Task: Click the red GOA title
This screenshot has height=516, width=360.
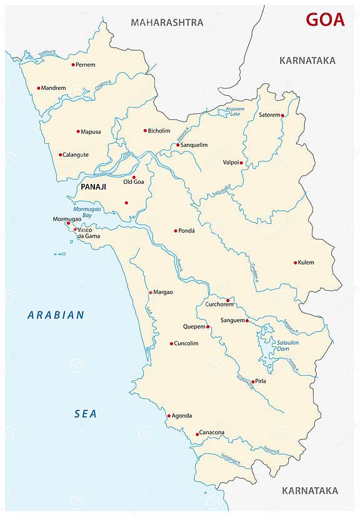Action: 324,19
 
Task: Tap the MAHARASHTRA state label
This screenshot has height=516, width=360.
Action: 167,23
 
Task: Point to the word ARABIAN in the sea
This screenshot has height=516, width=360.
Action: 56,315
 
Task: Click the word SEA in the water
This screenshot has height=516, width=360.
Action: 86,413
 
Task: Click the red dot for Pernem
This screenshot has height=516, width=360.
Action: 73,64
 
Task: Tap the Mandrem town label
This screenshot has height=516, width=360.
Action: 54,88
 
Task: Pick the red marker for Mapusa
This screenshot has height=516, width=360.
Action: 78,131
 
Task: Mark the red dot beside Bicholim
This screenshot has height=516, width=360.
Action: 145,131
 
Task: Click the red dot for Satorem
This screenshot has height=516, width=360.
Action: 282,116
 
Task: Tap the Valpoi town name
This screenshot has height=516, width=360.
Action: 231,163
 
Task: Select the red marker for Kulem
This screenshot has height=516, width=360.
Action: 296,263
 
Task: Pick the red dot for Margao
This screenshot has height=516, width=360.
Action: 151,292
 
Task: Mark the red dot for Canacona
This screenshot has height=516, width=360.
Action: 197,434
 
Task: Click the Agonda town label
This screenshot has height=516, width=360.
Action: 182,416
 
